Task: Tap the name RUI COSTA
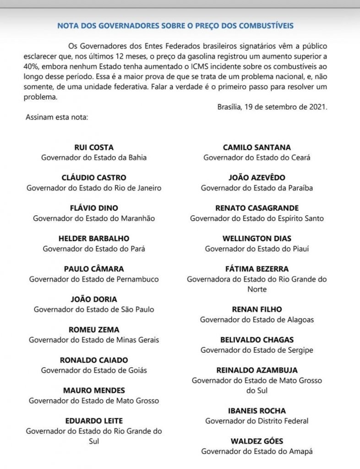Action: pos(94,147)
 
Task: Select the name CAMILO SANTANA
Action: pos(257,147)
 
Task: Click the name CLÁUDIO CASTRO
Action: pos(94,178)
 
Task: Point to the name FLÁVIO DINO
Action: pos(94,208)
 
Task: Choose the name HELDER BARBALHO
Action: pos(94,238)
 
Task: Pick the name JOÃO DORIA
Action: pos(94,299)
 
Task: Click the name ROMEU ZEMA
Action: pos(94,329)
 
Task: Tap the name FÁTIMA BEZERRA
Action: pos(257,269)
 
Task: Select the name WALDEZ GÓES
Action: pos(257,441)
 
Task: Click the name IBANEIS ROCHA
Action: pos(257,411)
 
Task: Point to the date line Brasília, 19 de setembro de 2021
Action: pos(273,107)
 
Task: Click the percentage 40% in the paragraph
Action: pos(31,66)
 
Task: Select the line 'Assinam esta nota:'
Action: pos(57,117)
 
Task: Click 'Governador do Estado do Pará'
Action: pos(94,249)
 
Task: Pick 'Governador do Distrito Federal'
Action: pos(257,421)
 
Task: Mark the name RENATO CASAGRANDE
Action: pos(257,208)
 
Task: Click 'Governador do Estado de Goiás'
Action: pos(94,370)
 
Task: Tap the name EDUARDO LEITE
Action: pos(94,420)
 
